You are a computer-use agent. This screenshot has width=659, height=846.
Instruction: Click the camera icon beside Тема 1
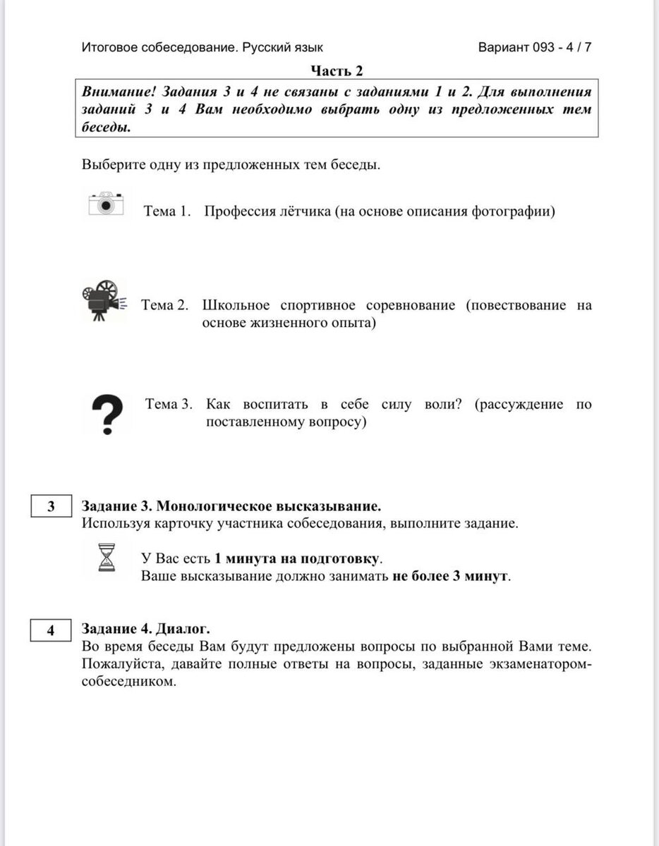pyautogui.click(x=106, y=204)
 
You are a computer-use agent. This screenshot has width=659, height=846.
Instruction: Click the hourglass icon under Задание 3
pyautogui.click(x=107, y=557)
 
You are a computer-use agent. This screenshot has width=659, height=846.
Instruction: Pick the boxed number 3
pyautogui.click(x=51, y=507)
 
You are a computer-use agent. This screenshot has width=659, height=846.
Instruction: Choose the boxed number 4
pyautogui.click(x=51, y=630)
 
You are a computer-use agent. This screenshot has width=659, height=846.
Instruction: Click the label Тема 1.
pyautogui.click(x=168, y=211)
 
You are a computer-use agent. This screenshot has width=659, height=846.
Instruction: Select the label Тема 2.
pyautogui.click(x=165, y=305)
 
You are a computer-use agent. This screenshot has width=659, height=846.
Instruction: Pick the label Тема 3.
pyautogui.click(x=169, y=405)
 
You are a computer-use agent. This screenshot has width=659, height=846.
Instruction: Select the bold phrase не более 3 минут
pyautogui.click(x=449, y=576)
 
